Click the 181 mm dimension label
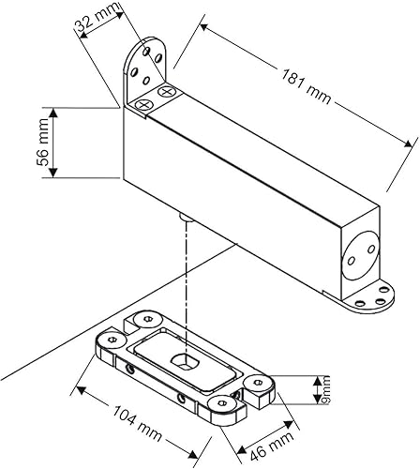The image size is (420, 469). (306, 86)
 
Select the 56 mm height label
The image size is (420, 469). (42, 143)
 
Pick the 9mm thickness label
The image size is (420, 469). (325, 390)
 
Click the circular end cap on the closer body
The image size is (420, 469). (361, 254)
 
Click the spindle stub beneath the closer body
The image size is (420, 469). (186, 217)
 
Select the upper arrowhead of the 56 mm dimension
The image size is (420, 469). (53, 113)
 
